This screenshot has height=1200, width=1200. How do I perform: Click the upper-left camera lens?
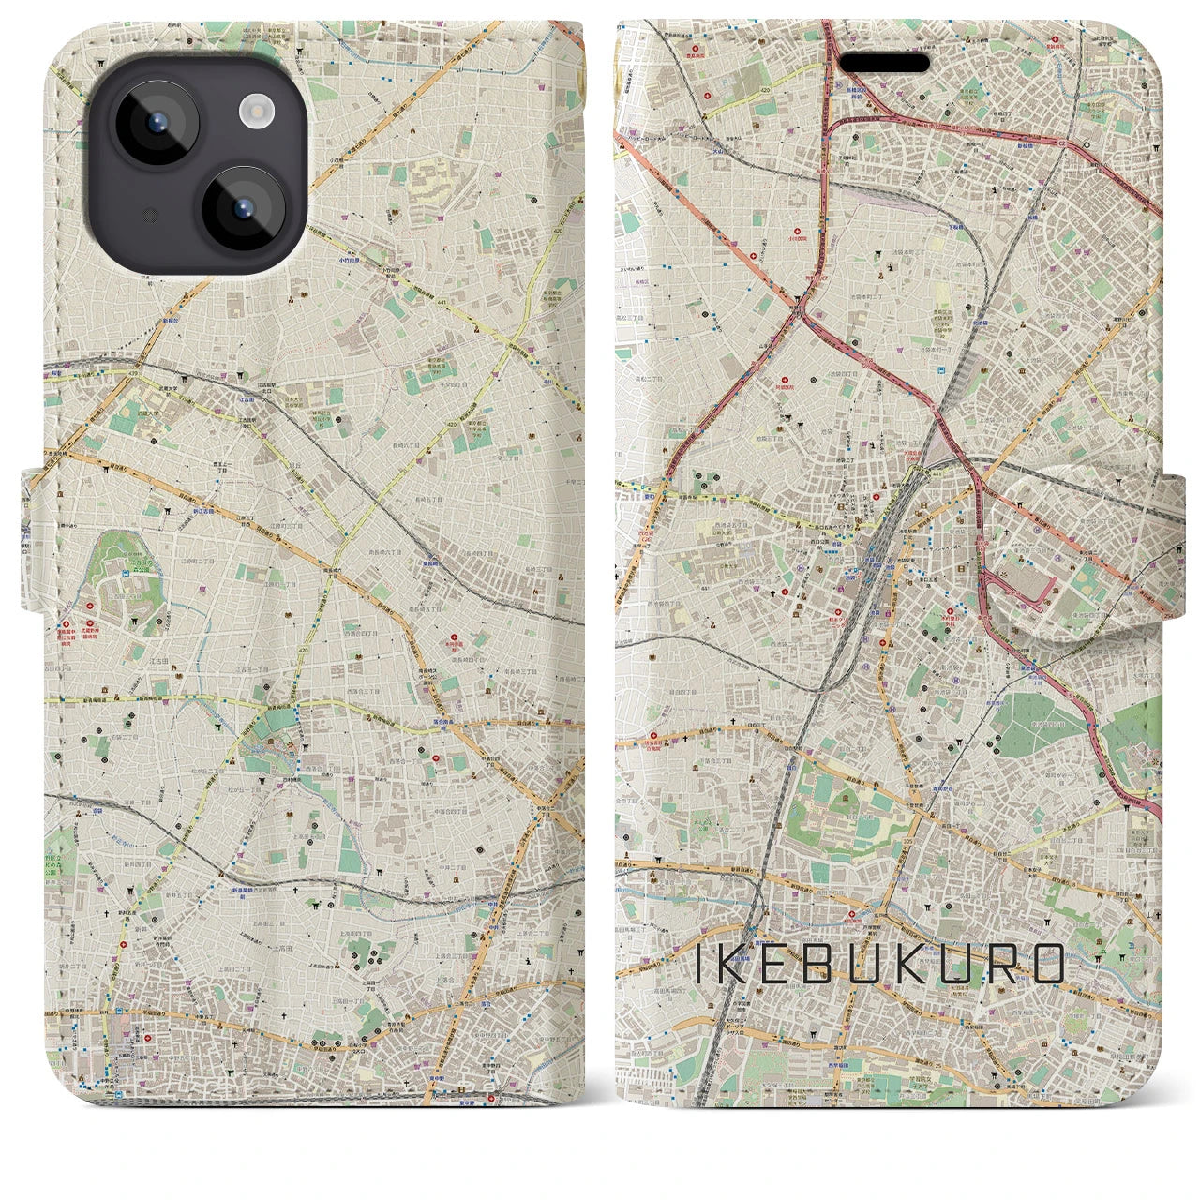(154, 124)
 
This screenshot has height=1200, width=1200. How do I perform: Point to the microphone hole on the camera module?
(147, 216)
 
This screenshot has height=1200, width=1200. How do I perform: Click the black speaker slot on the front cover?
(883, 63)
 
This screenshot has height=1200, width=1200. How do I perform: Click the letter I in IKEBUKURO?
(700, 964)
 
